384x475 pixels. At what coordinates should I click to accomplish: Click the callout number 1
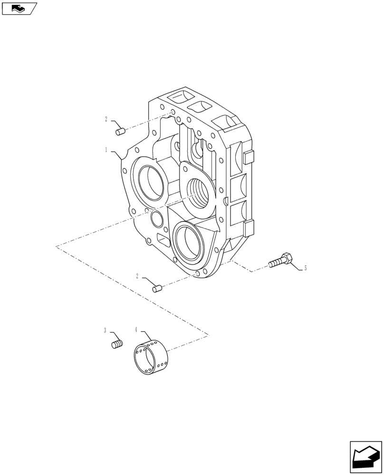tap(106, 150)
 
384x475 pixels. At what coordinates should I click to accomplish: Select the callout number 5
tap(305, 268)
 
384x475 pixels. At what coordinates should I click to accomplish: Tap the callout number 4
tap(136, 329)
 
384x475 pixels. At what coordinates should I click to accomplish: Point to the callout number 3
tap(106, 330)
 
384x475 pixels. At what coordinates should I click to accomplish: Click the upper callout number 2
tap(106, 120)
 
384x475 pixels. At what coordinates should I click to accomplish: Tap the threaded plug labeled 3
tap(117, 344)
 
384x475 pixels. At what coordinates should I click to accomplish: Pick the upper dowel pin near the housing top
tap(120, 131)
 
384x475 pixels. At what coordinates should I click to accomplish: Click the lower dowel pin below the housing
tap(157, 288)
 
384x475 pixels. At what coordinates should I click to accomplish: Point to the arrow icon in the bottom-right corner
tap(365, 457)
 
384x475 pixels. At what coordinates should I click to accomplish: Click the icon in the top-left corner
tap(19, 8)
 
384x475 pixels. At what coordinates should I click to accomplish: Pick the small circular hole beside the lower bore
tap(156, 219)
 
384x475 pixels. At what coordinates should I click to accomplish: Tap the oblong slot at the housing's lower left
tap(163, 240)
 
